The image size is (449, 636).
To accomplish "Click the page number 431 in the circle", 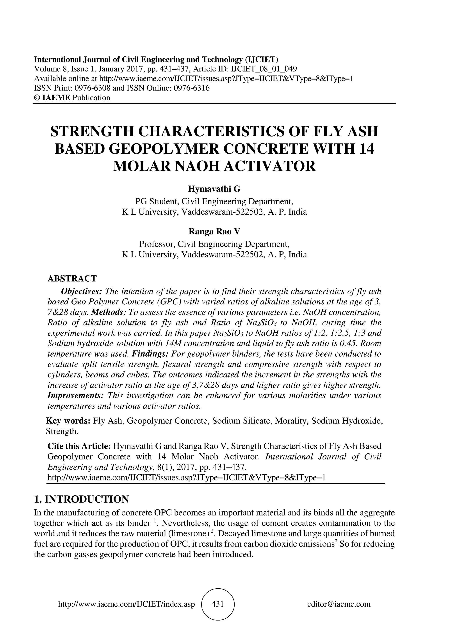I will click(x=217, y=604).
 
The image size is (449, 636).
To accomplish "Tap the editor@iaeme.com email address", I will click(x=339, y=604).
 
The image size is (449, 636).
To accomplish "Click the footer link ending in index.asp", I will click(x=127, y=604).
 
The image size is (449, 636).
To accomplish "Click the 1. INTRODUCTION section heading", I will click(x=81, y=499).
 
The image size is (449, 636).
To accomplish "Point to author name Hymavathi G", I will click(x=214, y=189).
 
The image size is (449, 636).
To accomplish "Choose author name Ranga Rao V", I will click(x=214, y=231).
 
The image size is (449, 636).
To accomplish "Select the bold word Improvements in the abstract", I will click(x=75, y=395).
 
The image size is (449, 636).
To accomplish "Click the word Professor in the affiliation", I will click(x=156, y=244).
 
